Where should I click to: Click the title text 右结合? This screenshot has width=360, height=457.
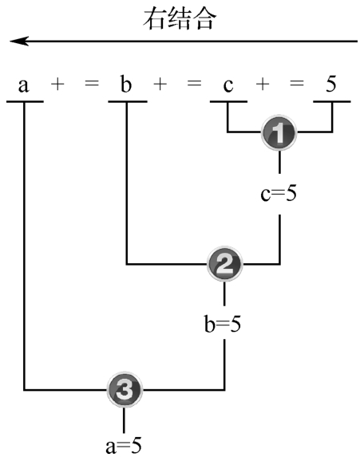[x=180, y=19]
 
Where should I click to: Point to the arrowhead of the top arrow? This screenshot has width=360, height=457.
[x=11, y=41]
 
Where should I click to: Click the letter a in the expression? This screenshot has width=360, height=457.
[x=24, y=85]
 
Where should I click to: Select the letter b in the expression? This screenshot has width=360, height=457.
[x=126, y=84]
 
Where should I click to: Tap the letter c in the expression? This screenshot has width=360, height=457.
[x=228, y=85]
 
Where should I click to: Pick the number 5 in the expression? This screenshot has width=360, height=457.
[x=331, y=84]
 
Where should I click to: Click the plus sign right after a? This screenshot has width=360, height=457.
[x=57, y=84]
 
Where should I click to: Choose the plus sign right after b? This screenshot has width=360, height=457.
[x=160, y=84]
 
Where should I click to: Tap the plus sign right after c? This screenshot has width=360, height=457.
[x=263, y=84]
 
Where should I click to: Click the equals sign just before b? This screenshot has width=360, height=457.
[x=92, y=84]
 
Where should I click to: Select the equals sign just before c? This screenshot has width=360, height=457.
[x=194, y=84]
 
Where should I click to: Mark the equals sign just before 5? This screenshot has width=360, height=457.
[x=297, y=84]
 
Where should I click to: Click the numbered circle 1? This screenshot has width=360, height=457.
[x=279, y=132]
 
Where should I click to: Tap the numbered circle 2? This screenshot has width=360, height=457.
[x=224, y=264]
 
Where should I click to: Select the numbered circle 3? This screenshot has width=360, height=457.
[x=125, y=389]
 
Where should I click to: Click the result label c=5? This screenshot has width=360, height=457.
[x=279, y=194]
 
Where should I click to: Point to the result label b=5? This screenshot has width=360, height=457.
[x=223, y=324]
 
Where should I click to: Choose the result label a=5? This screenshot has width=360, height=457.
[x=124, y=445]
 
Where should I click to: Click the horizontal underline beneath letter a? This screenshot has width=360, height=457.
[x=25, y=102]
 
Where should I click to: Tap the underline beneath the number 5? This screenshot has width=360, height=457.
[x=332, y=102]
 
